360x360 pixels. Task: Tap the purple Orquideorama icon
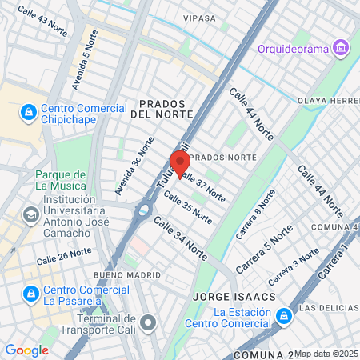click(342, 48)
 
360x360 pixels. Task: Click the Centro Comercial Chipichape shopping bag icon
click(29, 110)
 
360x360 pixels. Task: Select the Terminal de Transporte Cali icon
click(148, 322)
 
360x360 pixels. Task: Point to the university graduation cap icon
click(30, 214)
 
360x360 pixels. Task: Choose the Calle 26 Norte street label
click(63, 256)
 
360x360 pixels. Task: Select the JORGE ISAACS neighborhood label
click(234, 297)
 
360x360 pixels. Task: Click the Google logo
click(26, 350)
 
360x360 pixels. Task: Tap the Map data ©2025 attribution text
click(326, 354)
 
